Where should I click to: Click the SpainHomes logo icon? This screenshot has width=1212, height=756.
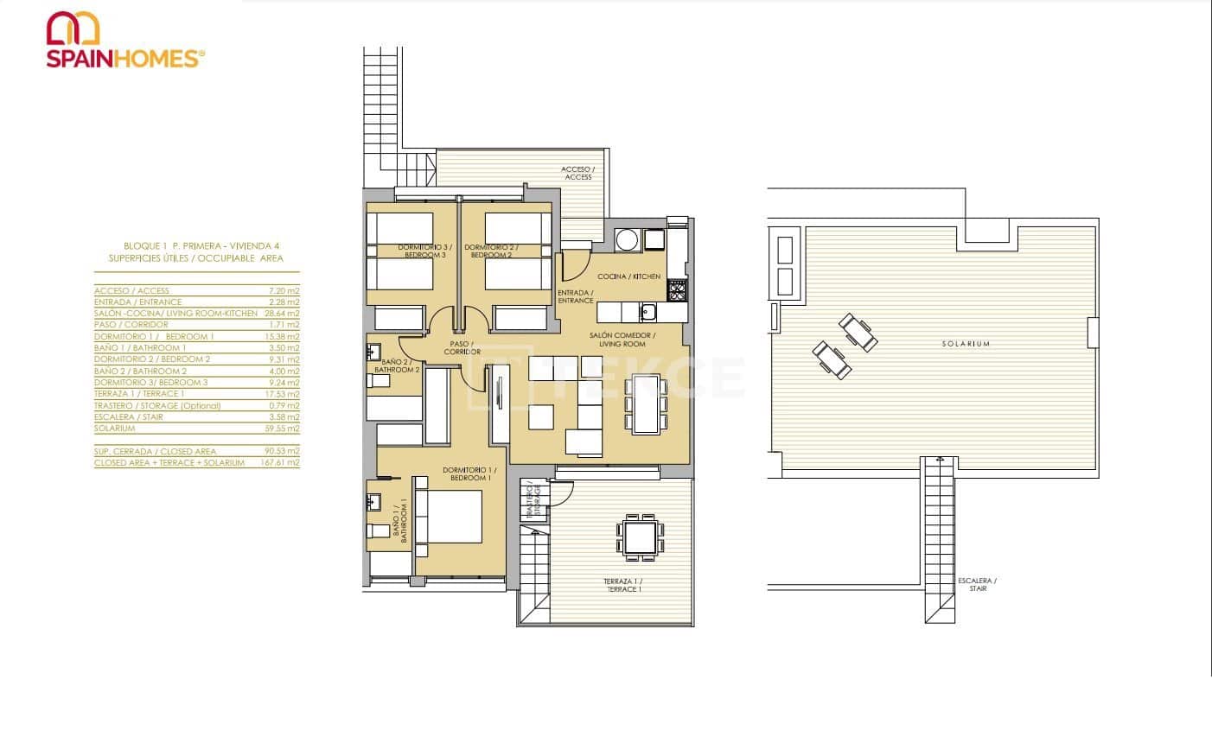[x=73, y=28]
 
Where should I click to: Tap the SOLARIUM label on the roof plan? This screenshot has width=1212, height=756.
[x=966, y=344]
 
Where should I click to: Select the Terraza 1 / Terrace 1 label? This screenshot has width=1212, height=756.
[x=622, y=585]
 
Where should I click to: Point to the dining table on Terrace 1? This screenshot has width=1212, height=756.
[x=641, y=537]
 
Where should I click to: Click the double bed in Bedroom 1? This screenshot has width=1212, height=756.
[x=450, y=517]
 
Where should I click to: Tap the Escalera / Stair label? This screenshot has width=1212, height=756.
[x=977, y=584]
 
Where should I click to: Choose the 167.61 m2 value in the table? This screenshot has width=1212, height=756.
[x=282, y=463]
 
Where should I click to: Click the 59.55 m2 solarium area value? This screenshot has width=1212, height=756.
[x=282, y=429]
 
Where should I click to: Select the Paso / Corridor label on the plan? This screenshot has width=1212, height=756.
[x=462, y=348]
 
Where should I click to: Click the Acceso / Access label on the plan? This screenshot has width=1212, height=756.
[x=577, y=173]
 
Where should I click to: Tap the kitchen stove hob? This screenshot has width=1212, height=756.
[x=677, y=292]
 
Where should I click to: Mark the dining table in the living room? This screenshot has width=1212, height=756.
[x=646, y=403]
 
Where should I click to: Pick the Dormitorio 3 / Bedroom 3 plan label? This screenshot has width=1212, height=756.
[x=424, y=251]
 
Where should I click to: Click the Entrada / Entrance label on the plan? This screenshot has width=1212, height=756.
[x=575, y=296]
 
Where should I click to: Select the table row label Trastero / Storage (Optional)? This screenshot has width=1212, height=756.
[x=157, y=405]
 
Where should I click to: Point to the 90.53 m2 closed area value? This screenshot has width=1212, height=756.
[x=282, y=451]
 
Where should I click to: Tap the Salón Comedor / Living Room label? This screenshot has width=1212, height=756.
[x=622, y=339]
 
